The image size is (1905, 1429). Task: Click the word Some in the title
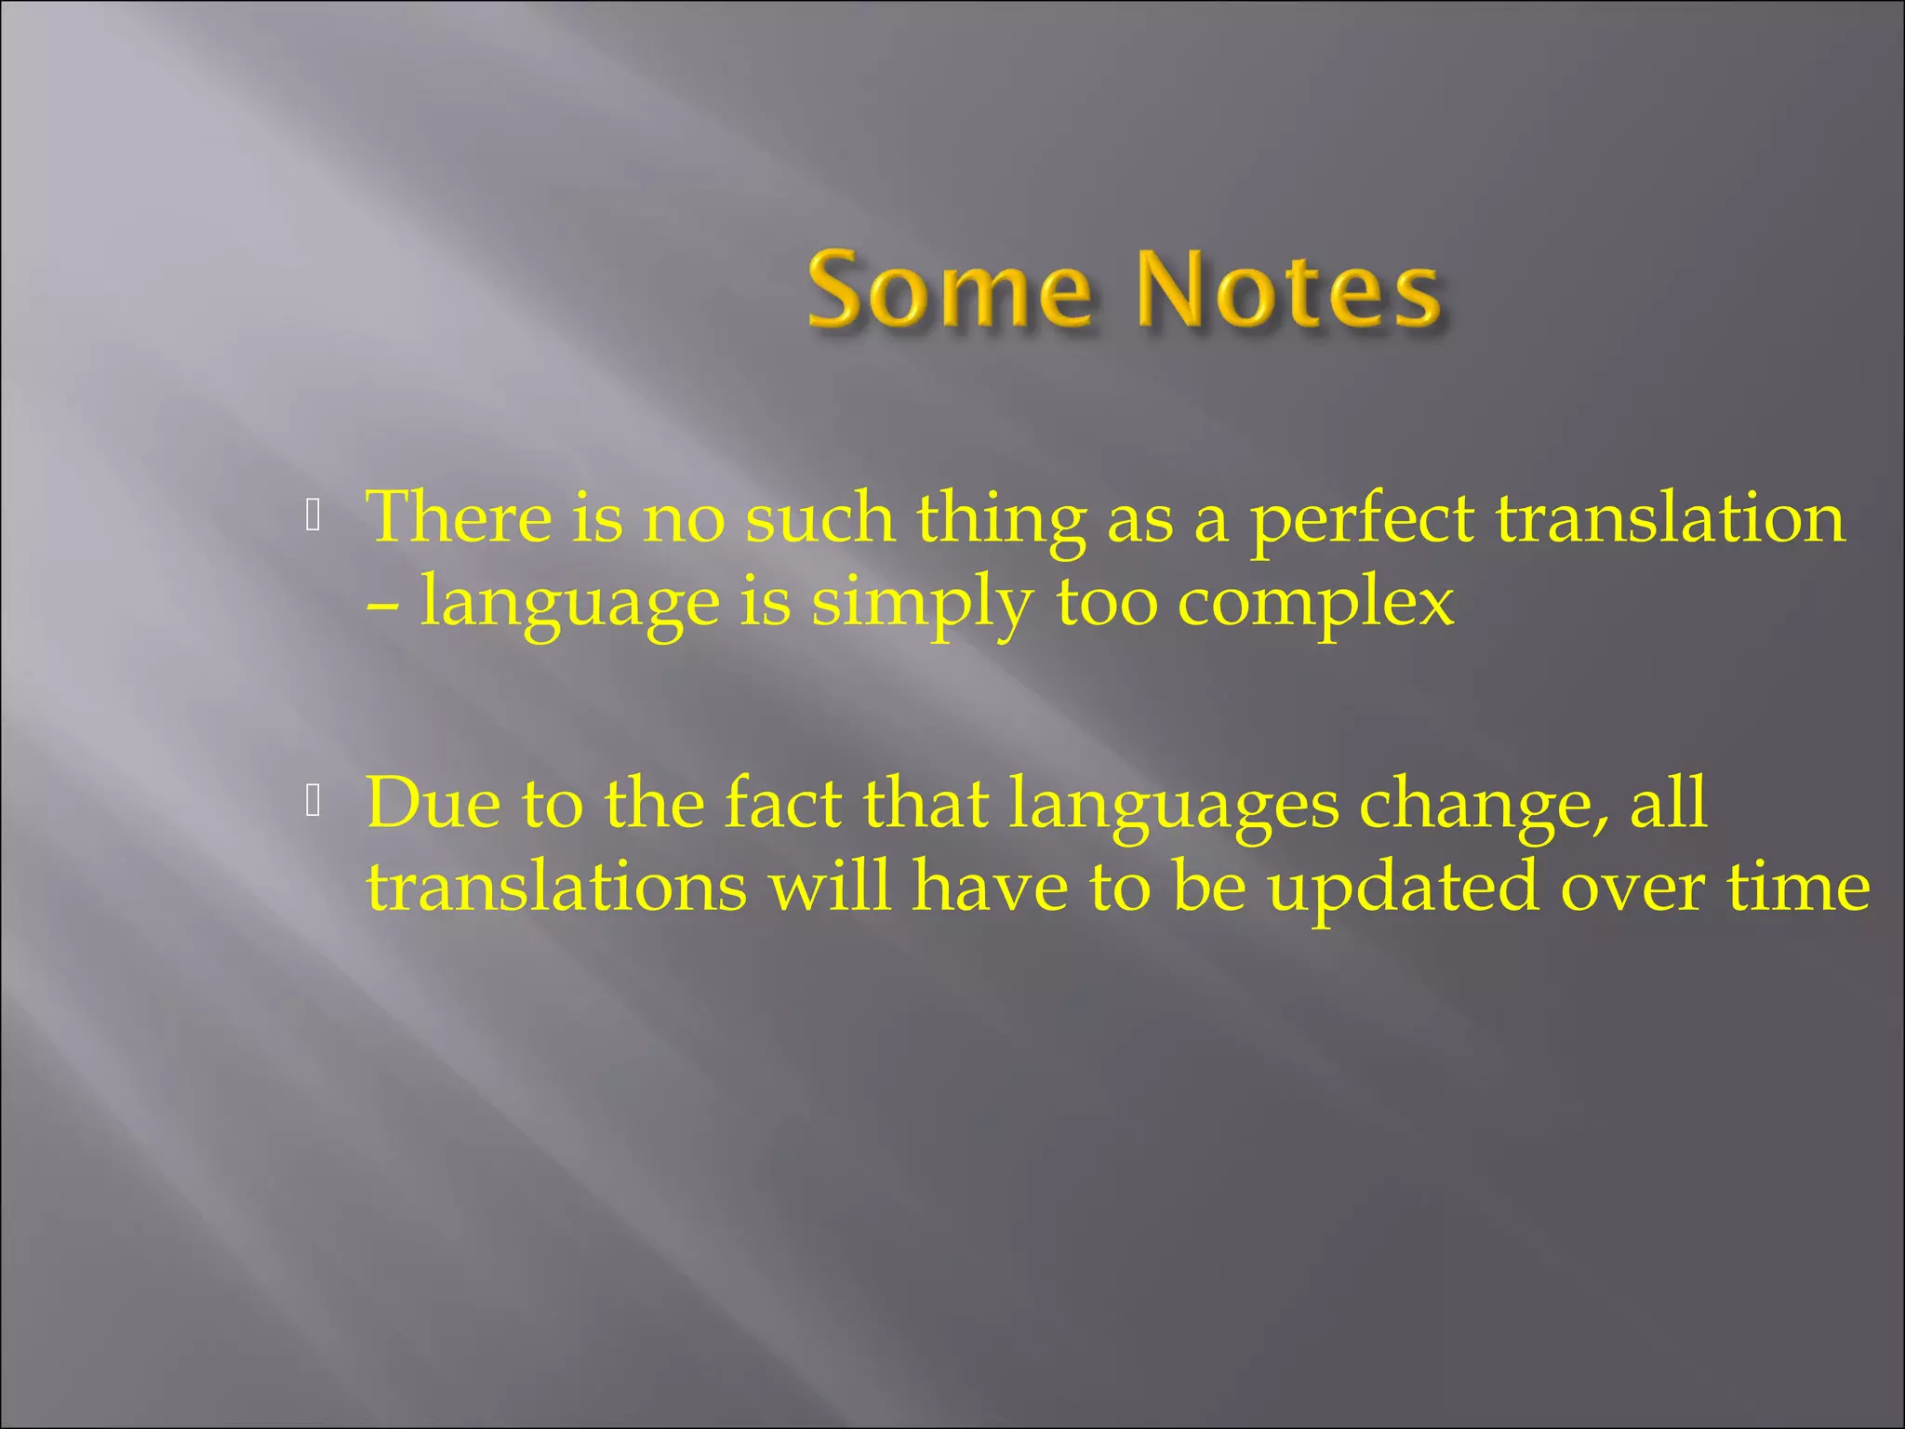(949, 290)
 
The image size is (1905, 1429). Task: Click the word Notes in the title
(1288, 290)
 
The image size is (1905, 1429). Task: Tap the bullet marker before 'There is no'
(313, 515)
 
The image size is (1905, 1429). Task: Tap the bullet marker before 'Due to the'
(313, 801)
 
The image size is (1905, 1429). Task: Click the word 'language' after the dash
(569, 603)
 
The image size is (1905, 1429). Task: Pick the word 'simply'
(921, 603)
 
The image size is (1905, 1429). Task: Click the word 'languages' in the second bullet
(1174, 806)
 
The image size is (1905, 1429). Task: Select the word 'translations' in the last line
(556, 886)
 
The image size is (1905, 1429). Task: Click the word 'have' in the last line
(990, 886)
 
